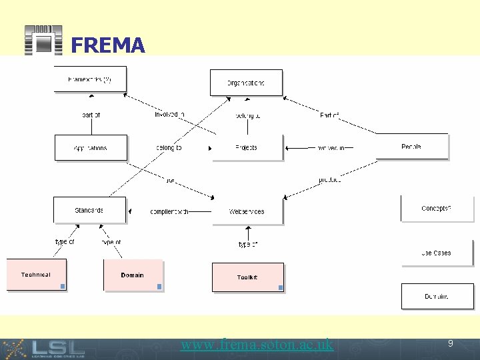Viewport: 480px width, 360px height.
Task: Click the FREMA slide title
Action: [107, 45]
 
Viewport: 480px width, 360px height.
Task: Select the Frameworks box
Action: [90, 79]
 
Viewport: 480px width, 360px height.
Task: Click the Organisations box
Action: [246, 83]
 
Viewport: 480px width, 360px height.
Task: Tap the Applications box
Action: [90, 147]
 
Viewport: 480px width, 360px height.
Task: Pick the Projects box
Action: [247, 147]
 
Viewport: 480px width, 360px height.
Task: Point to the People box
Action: [411, 147]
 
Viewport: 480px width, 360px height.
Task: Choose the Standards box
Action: [89, 210]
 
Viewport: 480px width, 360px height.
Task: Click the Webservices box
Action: [247, 211]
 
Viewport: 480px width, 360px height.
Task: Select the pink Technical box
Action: [36, 275]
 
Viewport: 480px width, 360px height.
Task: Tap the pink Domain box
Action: [133, 275]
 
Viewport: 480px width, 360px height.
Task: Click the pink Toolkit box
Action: [247, 277]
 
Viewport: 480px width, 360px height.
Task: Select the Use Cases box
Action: [437, 253]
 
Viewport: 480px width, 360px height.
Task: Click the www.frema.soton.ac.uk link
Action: [257, 345]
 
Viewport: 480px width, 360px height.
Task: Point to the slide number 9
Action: [450, 344]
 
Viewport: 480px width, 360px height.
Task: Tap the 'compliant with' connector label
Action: [169, 211]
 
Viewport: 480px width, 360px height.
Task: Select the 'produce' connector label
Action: [329, 180]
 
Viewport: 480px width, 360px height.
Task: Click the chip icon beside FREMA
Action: [43, 41]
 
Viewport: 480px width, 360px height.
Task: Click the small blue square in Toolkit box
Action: [281, 288]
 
